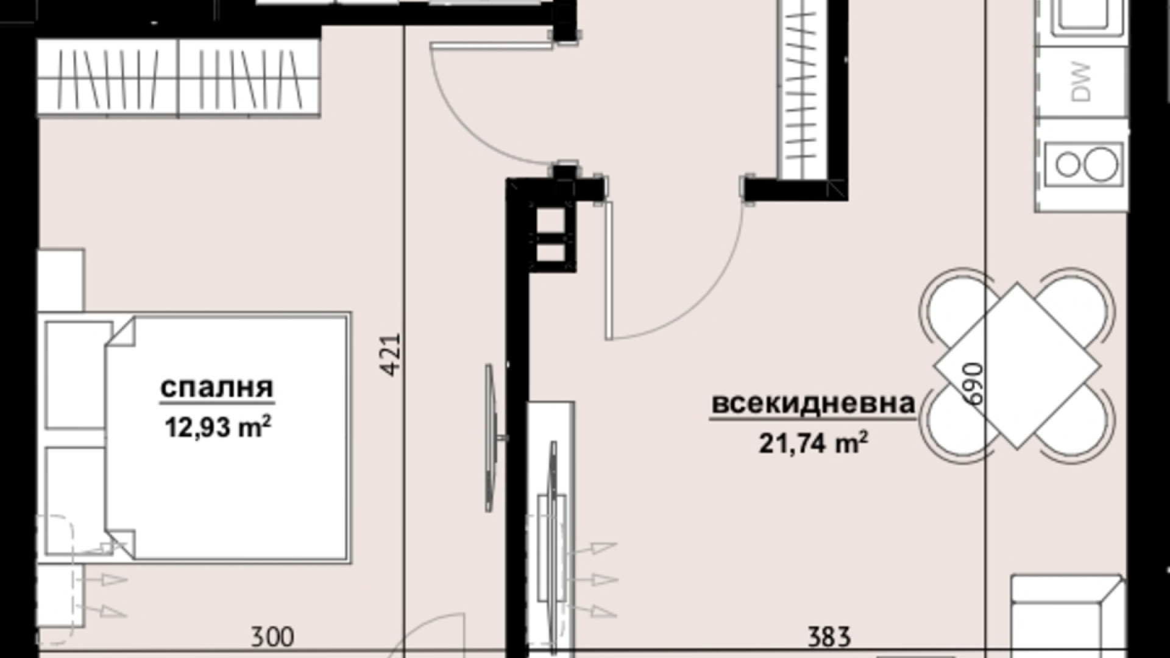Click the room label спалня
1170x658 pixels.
coord(216,388)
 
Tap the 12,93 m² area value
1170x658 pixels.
coord(218,427)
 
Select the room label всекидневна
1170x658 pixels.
coord(814,404)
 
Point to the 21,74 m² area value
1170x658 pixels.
coord(814,443)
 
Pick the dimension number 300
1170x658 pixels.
coord(272,638)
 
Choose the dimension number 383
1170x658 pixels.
coord(829,638)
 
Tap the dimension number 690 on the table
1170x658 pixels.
coord(974,384)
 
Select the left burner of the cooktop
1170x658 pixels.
coord(1068,164)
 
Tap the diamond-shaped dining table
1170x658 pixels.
coord(1018,366)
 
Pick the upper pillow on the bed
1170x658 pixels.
coord(77,375)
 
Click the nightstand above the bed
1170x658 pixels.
coord(60,280)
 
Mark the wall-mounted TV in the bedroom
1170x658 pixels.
coord(491,438)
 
